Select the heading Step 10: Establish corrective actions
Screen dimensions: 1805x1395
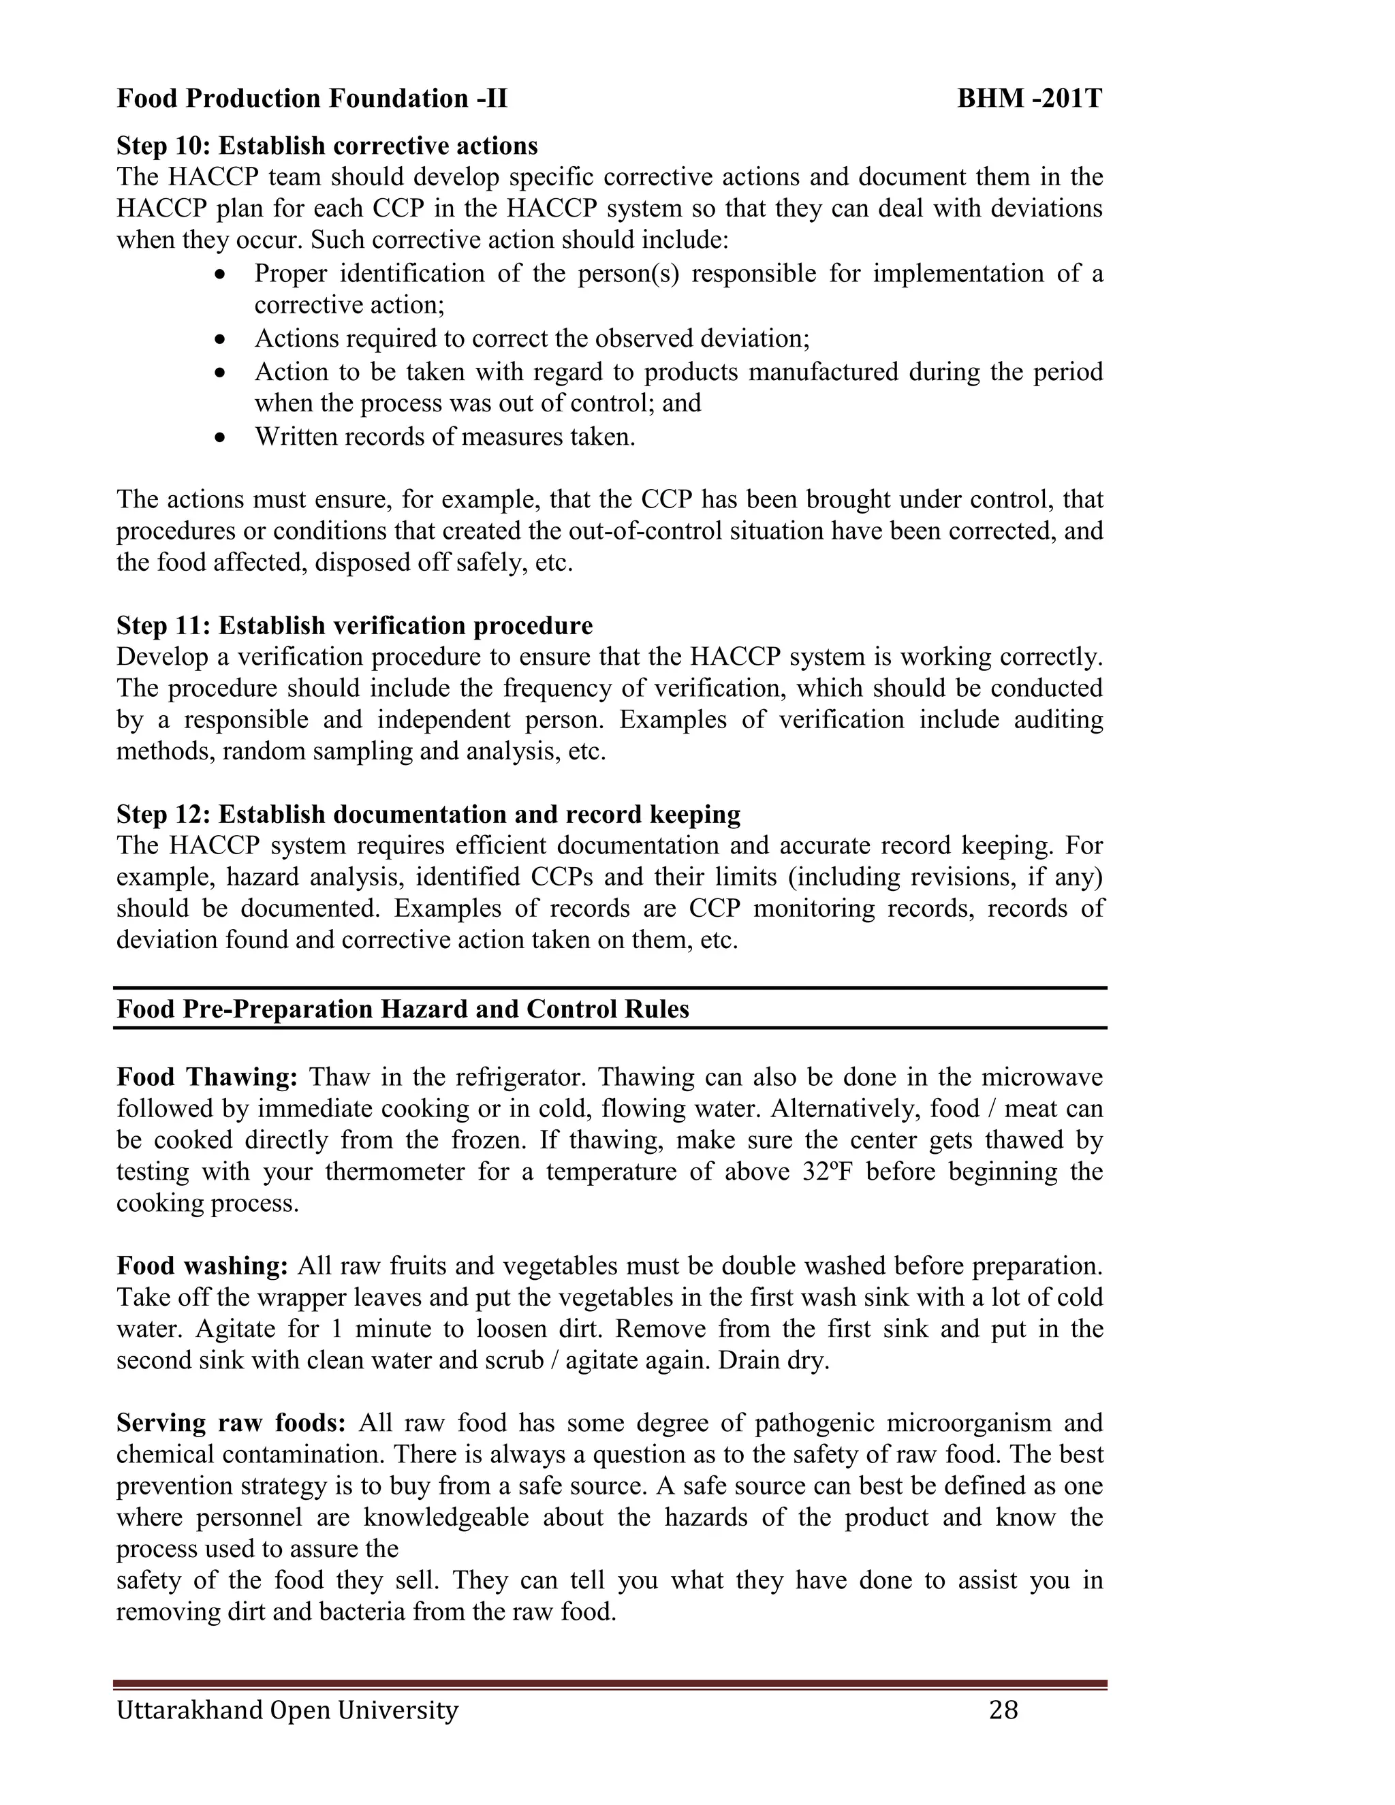click(x=326, y=146)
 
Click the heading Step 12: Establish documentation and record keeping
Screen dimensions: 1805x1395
click(x=428, y=814)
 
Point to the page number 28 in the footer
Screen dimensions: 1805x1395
click(x=1003, y=1709)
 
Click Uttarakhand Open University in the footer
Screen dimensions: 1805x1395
click(x=287, y=1709)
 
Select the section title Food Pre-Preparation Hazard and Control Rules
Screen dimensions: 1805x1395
click(x=403, y=1009)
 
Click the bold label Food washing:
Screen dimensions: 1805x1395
click(x=202, y=1266)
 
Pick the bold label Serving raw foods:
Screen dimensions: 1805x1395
click(x=231, y=1422)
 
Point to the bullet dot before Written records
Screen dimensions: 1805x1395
click(x=219, y=437)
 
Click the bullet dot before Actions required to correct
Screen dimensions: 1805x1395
click(x=219, y=339)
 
